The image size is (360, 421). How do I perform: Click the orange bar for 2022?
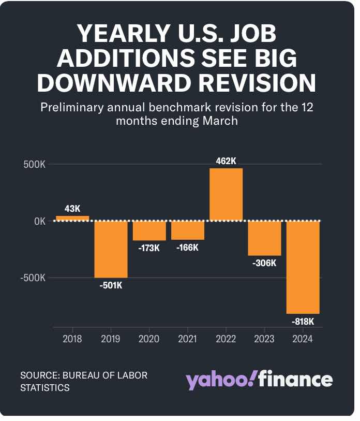(x=226, y=195)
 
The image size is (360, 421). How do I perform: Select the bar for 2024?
(x=303, y=267)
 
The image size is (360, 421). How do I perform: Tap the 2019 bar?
(x=111, y=249)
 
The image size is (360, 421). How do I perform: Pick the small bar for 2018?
(x=72, y=219)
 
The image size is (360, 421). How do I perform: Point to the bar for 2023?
(x=265, y=238)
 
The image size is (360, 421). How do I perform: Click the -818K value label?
(x=303, y=322)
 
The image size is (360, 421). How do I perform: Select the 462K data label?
(x=226, y=161)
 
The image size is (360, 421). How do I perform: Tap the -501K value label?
(x=111, y=285)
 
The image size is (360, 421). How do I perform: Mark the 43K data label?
(x=72, y=209)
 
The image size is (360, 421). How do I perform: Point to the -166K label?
(x=187, y=248)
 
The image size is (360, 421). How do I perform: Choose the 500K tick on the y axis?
(x=34, y=165)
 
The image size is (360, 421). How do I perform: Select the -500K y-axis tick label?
(x=32, y=278)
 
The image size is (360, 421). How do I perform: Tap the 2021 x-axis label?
(x=187, y=339)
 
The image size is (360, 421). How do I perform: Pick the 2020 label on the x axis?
(x=149, y=339)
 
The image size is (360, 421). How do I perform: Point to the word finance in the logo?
(x=296, y=380)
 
